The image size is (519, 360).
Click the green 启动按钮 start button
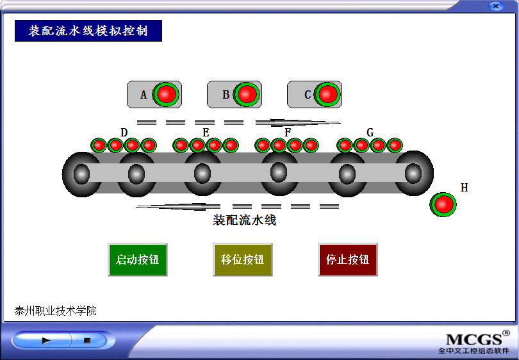coord(138,259)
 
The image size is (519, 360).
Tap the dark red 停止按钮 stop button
coord(347,259)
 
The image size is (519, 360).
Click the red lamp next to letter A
coord(167,94)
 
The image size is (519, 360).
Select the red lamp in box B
coord(247,94)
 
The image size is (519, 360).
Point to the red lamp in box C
coord(327,94)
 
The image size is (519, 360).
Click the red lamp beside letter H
coord(443,204)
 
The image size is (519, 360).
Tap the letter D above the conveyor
coord(124,133)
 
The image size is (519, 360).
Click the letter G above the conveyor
coord(370,133)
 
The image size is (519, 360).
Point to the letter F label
coord(288,133)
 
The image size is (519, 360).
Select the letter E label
coord(206,133)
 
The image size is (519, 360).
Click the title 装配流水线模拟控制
coord(88,31)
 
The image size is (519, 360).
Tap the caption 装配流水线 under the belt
coord(244,220)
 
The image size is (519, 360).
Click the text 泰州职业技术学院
coord(56,311)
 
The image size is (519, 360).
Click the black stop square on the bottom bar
coord(86,341)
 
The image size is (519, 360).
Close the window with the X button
coord(495,6)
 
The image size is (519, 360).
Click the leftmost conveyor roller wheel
coord(81,174)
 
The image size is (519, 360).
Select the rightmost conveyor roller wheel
coord(413,173)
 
